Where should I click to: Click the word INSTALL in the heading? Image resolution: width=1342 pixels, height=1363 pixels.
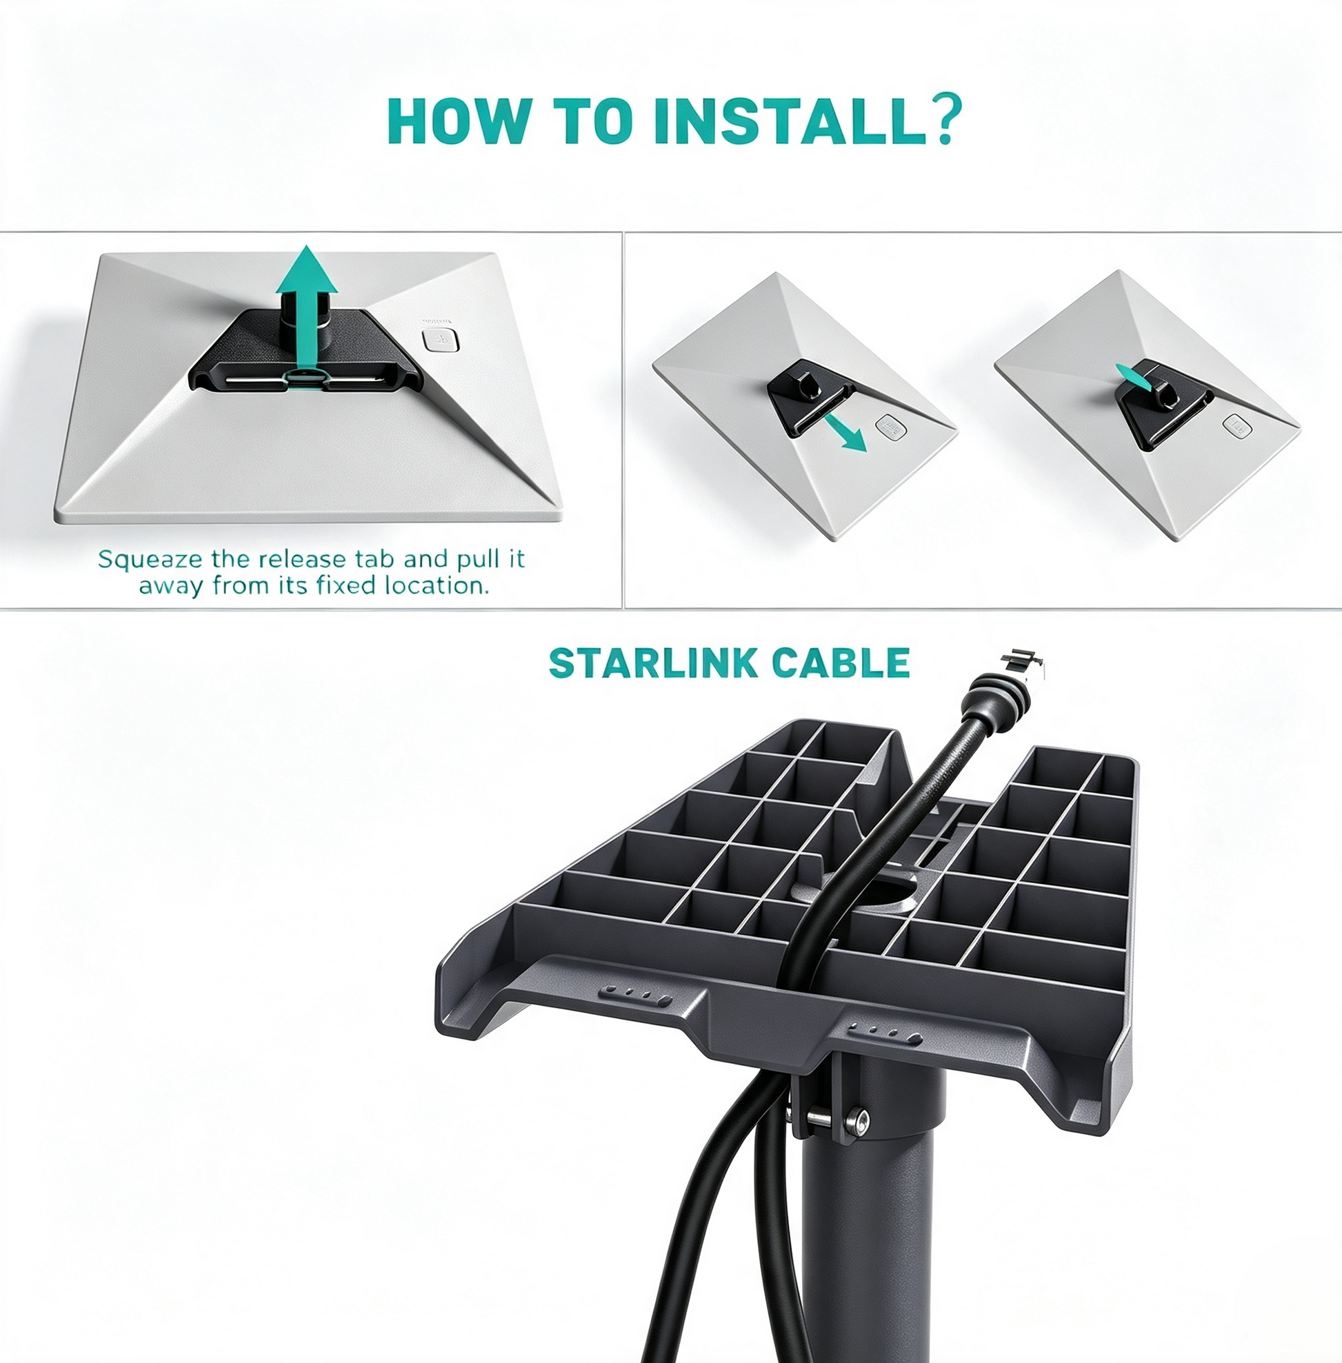point(788,122)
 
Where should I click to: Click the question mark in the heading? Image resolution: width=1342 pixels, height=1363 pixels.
point(941,121)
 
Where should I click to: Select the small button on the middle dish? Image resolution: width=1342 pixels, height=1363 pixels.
point(891,427)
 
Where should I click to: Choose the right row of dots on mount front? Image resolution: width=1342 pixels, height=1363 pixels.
point(885,1033)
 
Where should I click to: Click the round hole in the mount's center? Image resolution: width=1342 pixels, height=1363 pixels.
point(888,889)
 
